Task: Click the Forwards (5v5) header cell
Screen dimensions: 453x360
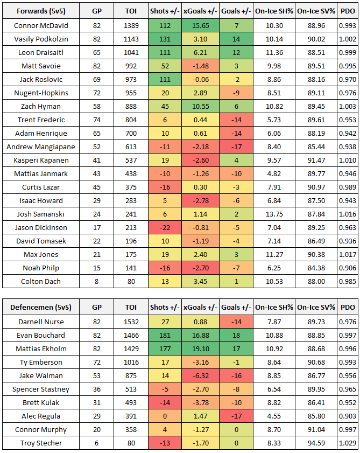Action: pos(40,11)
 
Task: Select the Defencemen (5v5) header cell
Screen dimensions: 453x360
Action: pos(40,308)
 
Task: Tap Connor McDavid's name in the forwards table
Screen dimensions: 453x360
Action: pos(40,25)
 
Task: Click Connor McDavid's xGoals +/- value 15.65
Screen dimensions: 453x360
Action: pos(200,25)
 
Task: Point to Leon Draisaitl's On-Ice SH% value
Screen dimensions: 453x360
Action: pos(274,52)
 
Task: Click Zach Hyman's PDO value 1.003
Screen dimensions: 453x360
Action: pos(347,106)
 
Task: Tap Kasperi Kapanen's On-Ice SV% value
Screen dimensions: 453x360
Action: pos(316,160)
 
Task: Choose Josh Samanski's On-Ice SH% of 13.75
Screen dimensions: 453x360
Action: pos(274,214)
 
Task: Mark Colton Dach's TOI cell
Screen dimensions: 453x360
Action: pos(131,281)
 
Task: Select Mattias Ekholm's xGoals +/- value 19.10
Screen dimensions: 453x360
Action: pos(200,349)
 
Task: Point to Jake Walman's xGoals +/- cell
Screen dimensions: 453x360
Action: pos(200,375)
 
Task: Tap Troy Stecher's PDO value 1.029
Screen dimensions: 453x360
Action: pos(347,443)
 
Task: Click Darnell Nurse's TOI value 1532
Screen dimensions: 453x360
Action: pos(131,322)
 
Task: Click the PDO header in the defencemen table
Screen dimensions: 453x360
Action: pos(347,308)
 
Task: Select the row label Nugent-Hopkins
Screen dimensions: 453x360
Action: pos(40,93)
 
